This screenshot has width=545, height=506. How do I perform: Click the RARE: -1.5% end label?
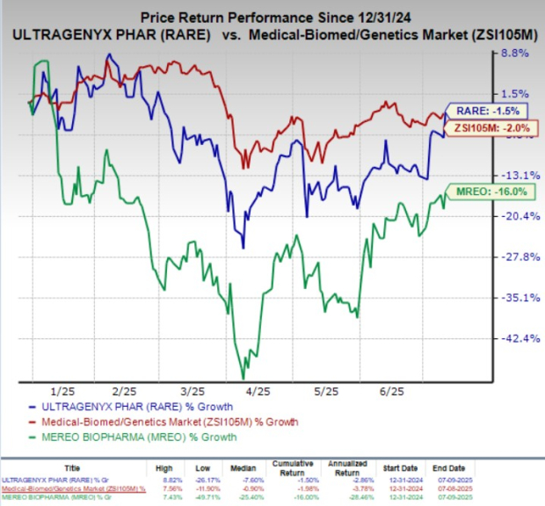(x=484, y=111)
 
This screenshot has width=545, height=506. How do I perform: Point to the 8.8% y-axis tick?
(x=513, y=53)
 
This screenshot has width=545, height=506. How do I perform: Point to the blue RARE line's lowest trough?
(x=243, y=248)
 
